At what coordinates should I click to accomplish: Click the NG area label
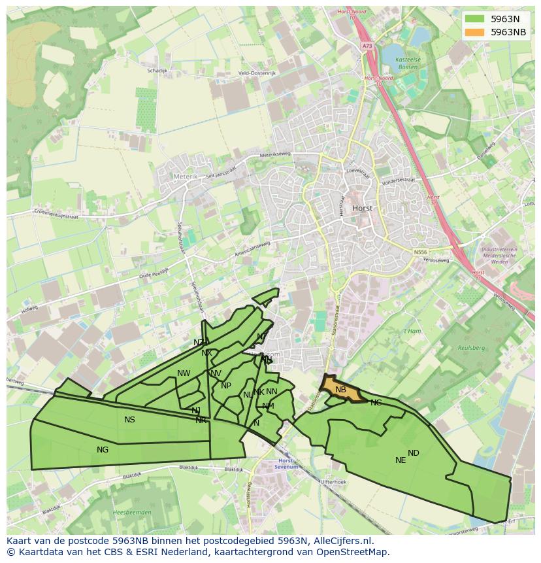(x=103, y=449)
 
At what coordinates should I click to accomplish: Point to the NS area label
(x=129, y=419)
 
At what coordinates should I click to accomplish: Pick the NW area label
(x=184, y=373)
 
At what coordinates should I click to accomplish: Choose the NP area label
(x=226, y=386)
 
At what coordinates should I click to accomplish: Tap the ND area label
(x=414, y=453)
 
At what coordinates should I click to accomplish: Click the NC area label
(x=376, y=403)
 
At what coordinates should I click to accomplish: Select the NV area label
(x=216, y=373)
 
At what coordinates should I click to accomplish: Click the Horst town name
(x=362, y=208)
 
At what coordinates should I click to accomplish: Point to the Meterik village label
(x=180, y=177)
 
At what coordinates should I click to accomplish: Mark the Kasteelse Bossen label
(x=410, y=63)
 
